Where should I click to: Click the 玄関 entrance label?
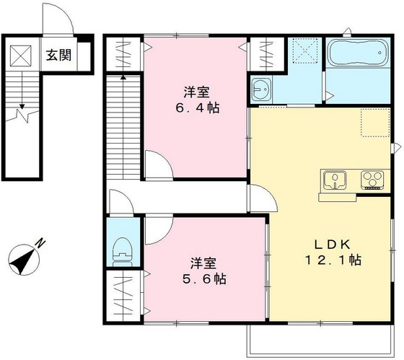tap(58, 55)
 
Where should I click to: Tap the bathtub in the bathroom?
tap(359, 53)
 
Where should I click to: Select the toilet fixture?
tap(123, 252)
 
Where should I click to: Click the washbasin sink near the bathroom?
tap(261, 89)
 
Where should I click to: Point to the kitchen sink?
tap(335, 180)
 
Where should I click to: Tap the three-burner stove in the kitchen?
tap(372, 180)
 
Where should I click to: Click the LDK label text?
tap(332, 245)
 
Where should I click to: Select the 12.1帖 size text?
tap(333, 260)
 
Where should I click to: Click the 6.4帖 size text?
tap(198, 108)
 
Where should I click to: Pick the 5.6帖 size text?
tap(205, 278)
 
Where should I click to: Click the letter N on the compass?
tap(40, 243)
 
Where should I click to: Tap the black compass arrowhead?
tap(22, 261)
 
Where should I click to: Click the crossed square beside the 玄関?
tap(21, 56)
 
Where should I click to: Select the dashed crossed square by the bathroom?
tap(306, 51)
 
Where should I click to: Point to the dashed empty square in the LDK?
tap(375, 123)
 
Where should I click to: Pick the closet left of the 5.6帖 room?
tap(123, 295)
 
